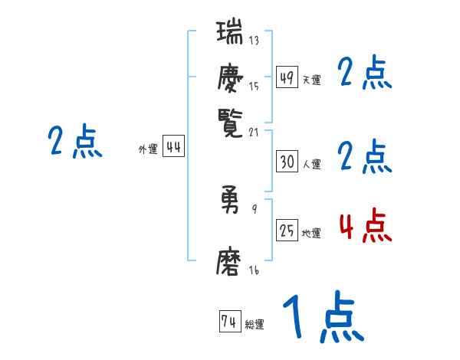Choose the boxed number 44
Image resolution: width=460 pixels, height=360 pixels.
point(174,148)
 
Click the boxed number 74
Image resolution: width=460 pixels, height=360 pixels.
point(228,322)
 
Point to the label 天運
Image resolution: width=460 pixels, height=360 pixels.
point(311,80)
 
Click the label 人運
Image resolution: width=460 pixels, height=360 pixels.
point(311,163)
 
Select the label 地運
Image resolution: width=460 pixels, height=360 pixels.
point(311,233)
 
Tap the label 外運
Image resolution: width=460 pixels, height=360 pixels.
point(148,149)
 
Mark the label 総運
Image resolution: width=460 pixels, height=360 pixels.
point(254,325)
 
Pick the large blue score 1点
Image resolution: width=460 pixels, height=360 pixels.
point(323,319)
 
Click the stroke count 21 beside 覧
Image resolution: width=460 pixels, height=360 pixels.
point(254,132)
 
